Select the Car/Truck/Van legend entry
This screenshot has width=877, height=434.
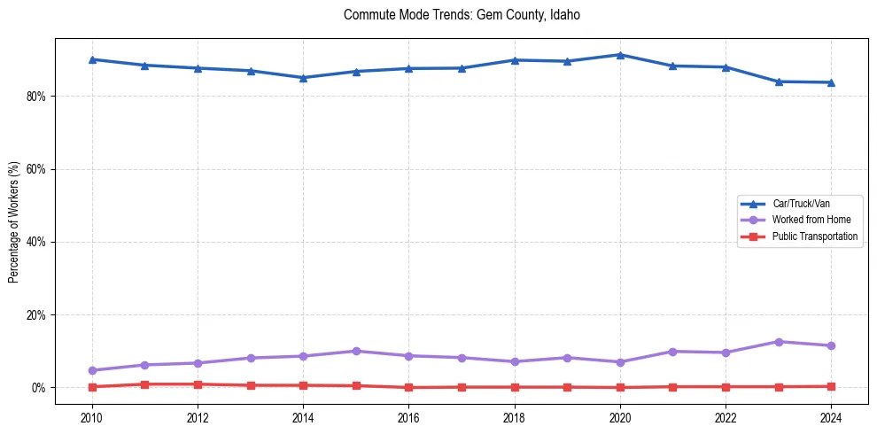point(801,204)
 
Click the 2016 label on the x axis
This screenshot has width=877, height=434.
point(408,417)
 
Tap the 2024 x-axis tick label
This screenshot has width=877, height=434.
point(831,417)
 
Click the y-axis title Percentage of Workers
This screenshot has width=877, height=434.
point(14,221)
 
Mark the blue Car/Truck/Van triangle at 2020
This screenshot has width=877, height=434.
point(620,55)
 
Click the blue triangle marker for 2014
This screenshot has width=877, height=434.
point(303,77)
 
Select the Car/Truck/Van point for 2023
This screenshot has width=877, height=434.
point(779,81)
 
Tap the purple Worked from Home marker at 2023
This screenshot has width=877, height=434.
point(779,342)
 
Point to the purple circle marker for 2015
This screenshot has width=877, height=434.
point(356,351)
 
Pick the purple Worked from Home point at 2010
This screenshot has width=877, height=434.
point(92,370)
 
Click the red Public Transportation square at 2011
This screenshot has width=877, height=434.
point(144,384)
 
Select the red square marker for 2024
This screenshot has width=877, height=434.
point(831,386)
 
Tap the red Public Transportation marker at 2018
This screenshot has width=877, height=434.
point(515,387)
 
